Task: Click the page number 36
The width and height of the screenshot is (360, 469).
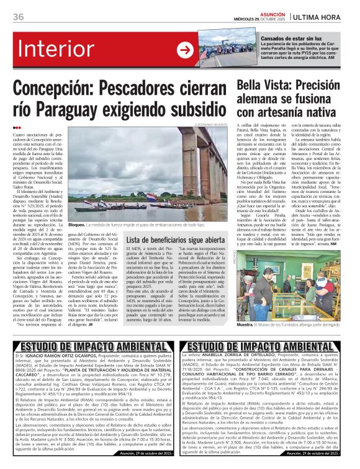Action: (18, 17)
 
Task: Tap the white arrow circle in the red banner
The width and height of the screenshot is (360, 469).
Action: (185, 50)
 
